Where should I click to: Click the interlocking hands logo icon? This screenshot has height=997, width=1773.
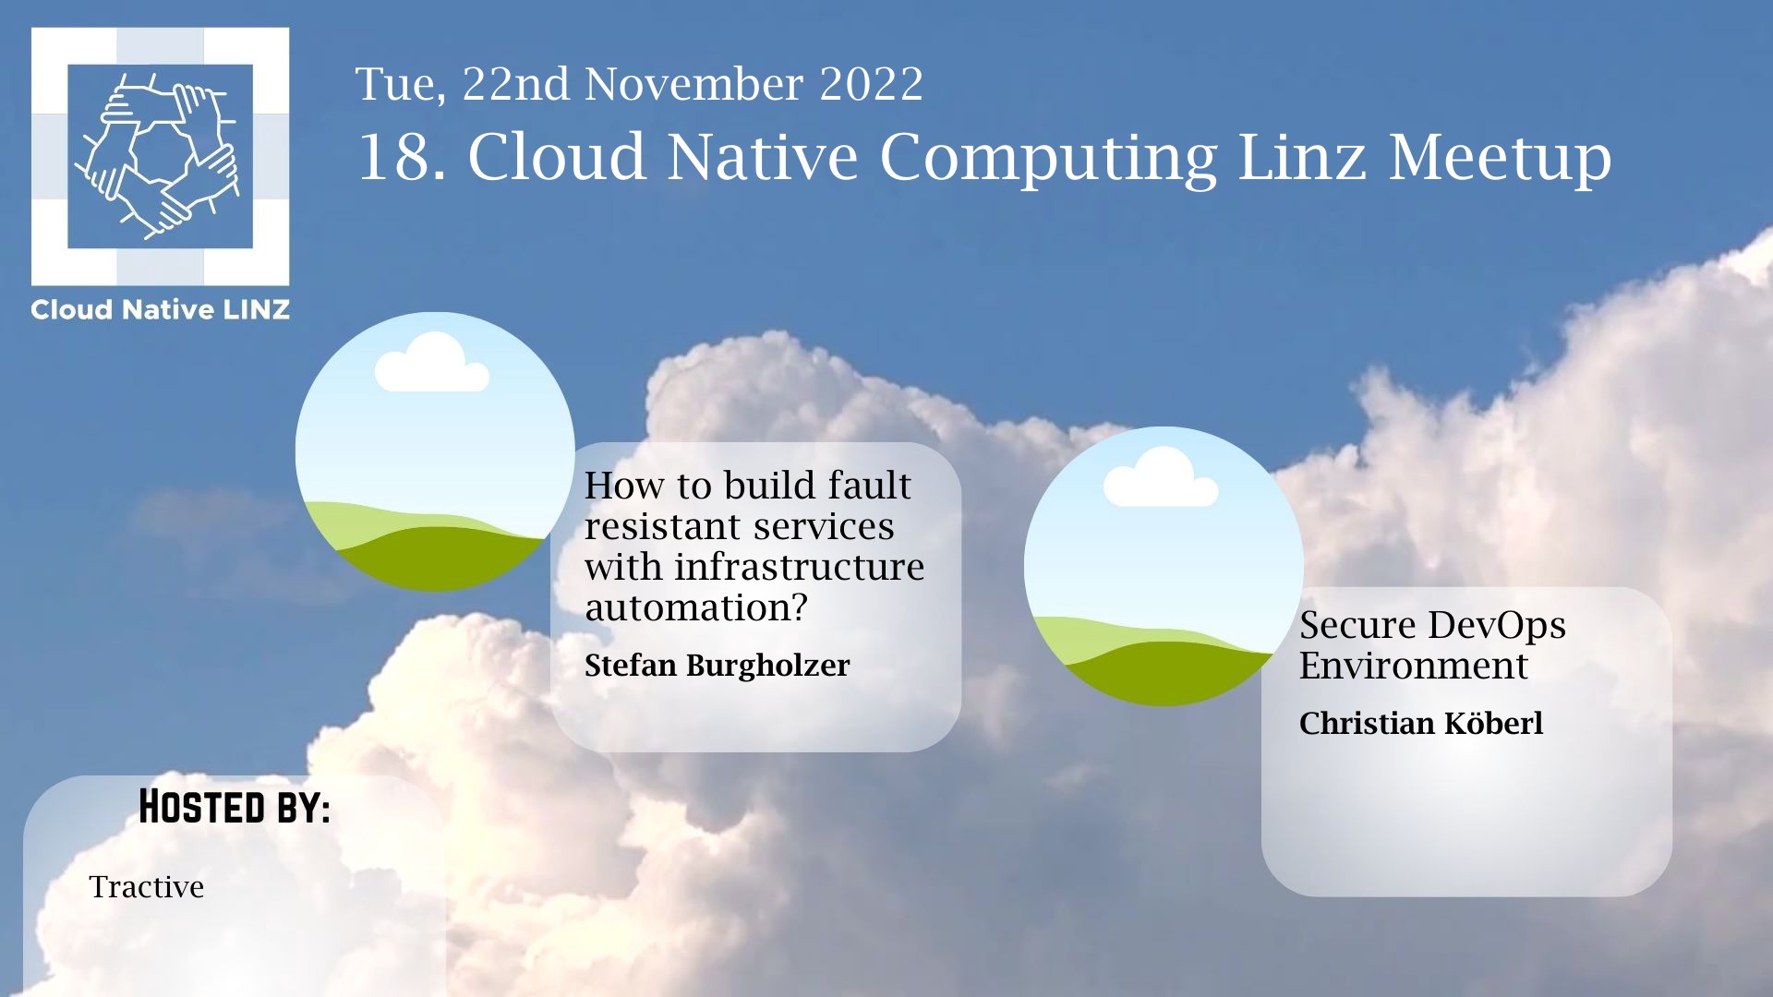(160, 156)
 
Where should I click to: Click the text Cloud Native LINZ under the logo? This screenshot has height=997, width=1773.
(160, 310)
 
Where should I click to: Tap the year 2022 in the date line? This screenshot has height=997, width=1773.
(871, 84)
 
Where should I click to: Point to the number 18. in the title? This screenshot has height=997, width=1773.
(402, 156)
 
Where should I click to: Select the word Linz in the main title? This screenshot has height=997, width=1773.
(1302, 156)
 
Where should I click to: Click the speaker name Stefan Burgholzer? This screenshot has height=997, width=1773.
(717, 666)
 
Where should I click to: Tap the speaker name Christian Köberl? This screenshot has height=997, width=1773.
(1421, 723)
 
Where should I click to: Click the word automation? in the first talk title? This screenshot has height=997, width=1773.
(696, 607)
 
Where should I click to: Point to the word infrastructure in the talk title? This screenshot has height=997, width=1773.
(799, 566)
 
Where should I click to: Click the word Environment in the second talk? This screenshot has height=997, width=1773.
(1414, 666)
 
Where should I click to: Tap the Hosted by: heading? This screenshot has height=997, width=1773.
(235, 807)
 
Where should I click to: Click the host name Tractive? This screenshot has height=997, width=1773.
(146, 886)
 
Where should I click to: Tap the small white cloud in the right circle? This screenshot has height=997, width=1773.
(1161, 477)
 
